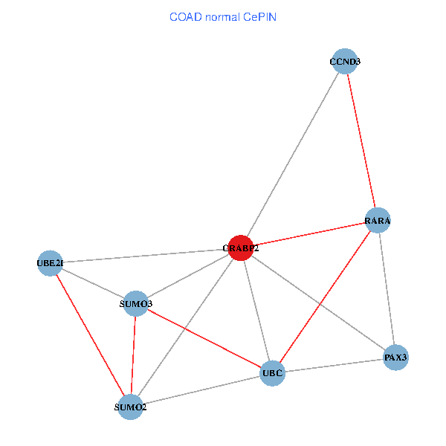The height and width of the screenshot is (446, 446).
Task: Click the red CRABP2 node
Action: point(241,248)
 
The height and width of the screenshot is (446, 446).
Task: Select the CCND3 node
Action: point(345,62)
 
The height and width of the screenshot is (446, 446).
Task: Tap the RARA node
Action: point(378,220)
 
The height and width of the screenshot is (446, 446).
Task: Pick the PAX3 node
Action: point(395,358)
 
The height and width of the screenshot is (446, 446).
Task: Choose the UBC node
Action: point(273,372)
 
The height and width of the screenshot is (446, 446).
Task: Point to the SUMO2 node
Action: point(131,407)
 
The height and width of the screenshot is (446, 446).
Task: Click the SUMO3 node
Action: point(136,303)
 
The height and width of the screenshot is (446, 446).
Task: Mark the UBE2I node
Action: point(50,262)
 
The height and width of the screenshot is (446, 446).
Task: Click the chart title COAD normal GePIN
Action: point(223,16)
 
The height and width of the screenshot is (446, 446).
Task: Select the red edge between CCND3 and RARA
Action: point(361,141)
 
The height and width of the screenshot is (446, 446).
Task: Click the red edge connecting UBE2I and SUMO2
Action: point(90,334)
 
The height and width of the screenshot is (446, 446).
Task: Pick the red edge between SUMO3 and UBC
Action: point(204,337)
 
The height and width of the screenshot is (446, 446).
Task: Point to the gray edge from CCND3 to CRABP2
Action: point(293,155)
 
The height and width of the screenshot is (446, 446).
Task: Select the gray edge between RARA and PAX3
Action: point(387,288)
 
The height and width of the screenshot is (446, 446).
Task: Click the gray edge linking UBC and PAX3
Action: point(334,365)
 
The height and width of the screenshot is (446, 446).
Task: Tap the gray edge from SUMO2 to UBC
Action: point(201,390)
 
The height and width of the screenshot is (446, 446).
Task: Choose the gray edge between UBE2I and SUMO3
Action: point(93,282)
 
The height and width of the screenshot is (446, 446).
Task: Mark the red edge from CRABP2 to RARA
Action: point(309,234)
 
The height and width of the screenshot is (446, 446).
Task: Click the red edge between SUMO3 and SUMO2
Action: point(134,355)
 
